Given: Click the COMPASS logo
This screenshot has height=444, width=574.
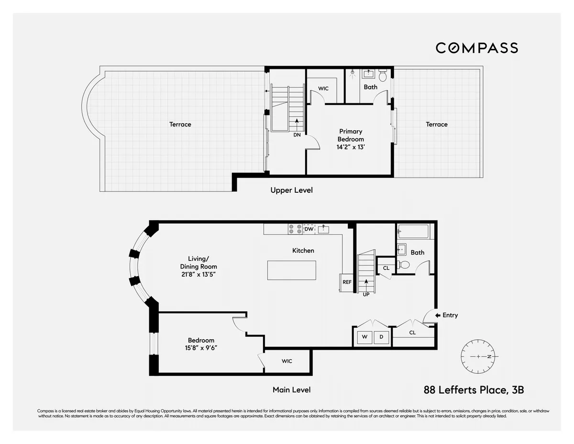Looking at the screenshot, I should (x=476, y=48).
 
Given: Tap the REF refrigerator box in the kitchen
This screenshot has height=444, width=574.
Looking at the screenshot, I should (x=347, y=282).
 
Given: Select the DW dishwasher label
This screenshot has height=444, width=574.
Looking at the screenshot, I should (x=309, y=230).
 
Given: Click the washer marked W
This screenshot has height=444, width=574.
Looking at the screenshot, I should (x=364, y=337).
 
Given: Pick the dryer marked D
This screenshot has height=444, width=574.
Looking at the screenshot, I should (x=381, y=337).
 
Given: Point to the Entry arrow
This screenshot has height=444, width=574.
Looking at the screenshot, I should (x=438, y=315).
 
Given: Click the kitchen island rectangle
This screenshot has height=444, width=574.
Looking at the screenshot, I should (x=292, y=270).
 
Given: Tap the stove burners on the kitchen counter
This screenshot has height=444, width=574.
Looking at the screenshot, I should (x=294, y=229).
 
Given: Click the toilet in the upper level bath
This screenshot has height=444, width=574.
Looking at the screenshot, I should (x=383, y=76).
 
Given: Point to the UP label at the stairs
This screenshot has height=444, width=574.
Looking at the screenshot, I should (x=366, y=294).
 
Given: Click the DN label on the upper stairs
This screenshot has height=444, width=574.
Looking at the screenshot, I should (x=297, y=135).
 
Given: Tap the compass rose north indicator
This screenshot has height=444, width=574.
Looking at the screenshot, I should (x=490, y=357).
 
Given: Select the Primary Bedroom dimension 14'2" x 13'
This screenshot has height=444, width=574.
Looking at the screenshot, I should (x=351, y=147).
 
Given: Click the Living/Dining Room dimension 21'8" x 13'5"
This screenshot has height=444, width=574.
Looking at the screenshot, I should (x=199, y=275).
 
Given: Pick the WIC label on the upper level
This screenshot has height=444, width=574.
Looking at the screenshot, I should (x=323, y=89).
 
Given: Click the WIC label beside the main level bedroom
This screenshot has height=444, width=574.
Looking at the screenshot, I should (x=287, y=361).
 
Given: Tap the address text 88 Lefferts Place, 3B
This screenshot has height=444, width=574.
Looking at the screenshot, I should (x=474, y=390).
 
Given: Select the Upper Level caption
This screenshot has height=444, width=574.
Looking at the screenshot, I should (x=291, y=190).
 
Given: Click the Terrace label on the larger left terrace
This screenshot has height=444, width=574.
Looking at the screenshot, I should (x=180, y=124).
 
